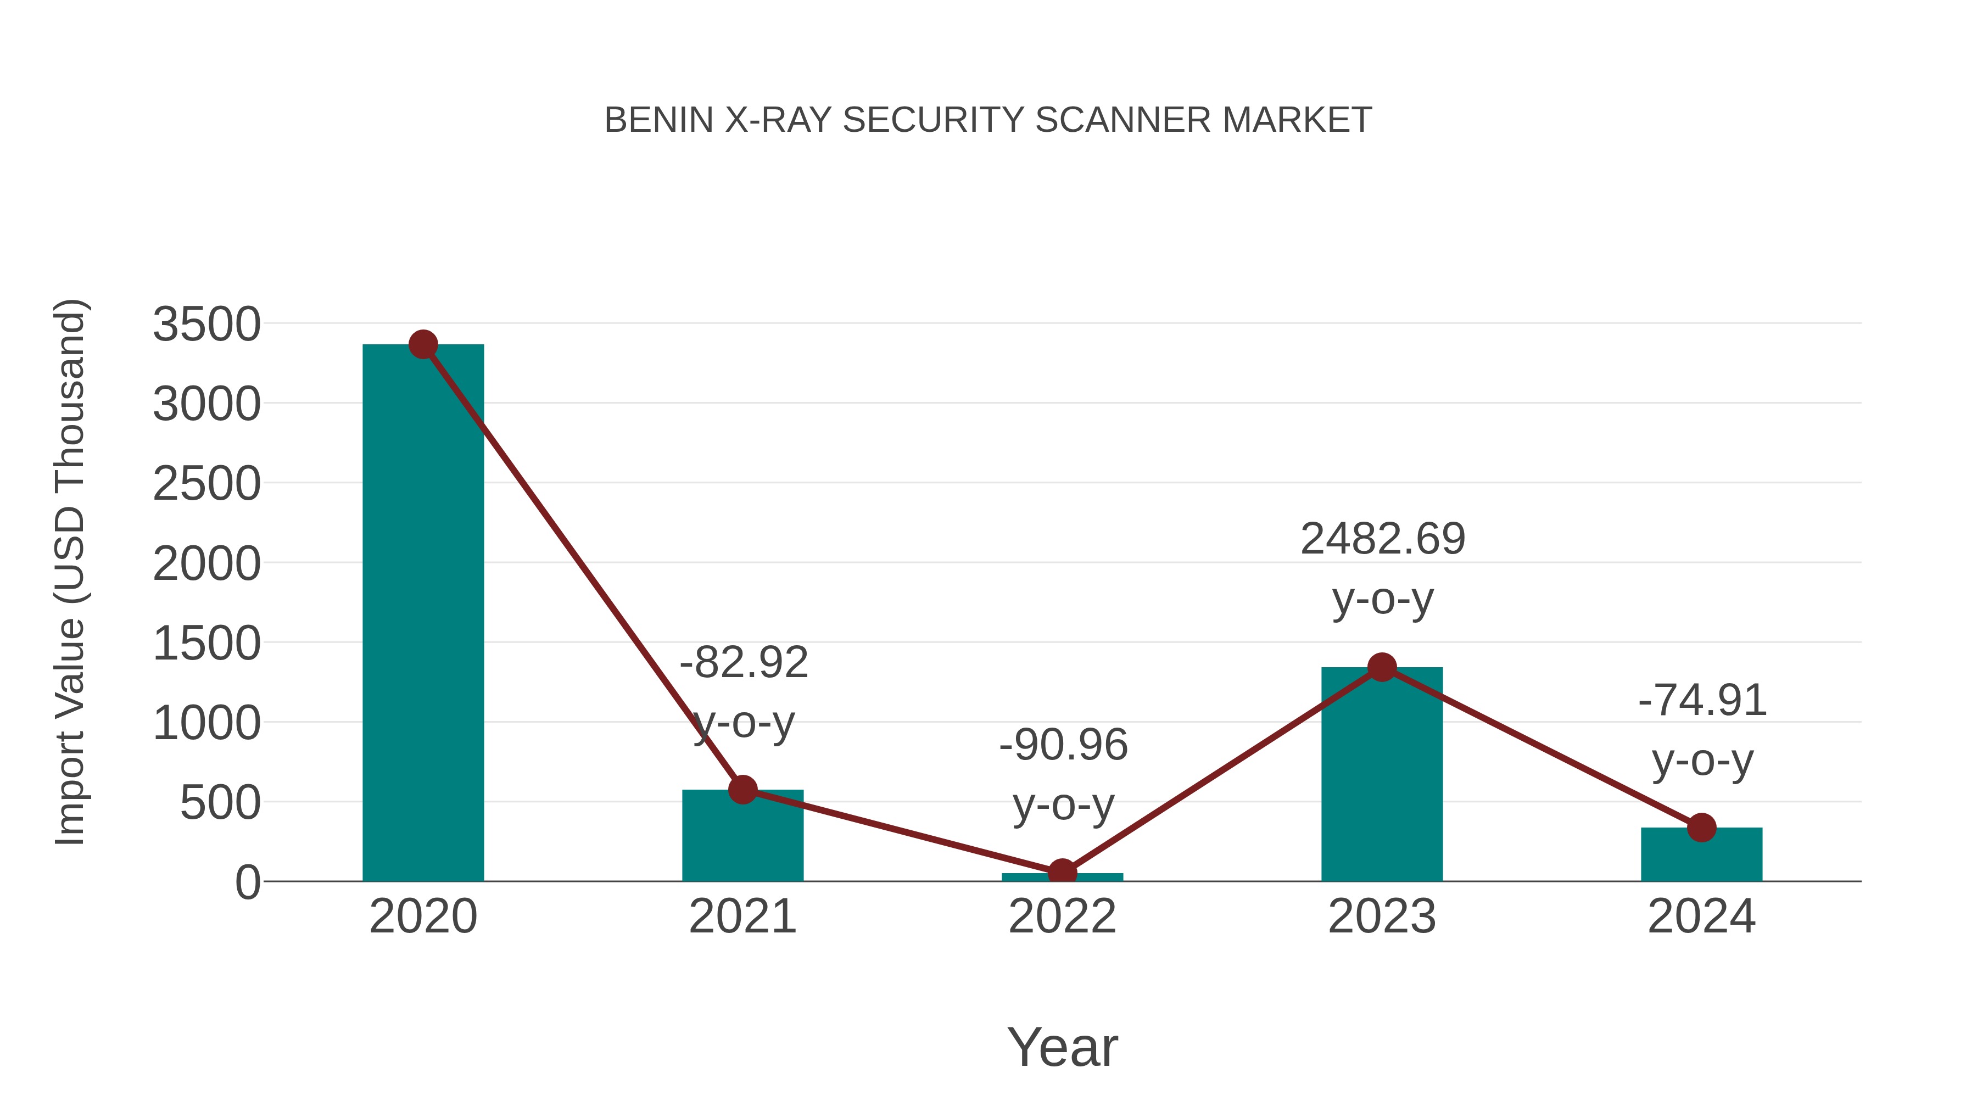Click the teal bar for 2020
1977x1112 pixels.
click(423, 614)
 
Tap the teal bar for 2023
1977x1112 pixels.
click(1382, 775)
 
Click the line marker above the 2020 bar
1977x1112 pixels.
click(423, 344)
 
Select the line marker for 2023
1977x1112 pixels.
click(1382, 667)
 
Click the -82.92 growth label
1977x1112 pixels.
click(744, 662)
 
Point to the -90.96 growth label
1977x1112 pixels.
click(1063, 745)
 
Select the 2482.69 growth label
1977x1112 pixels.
click(1382, 538)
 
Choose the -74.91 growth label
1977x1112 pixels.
click(1702, 700)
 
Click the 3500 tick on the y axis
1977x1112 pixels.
click(206, 324)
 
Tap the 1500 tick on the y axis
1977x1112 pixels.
click(206, 643)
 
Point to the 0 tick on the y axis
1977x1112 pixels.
click(248, 882)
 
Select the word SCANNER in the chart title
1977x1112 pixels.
click(1123, 120)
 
